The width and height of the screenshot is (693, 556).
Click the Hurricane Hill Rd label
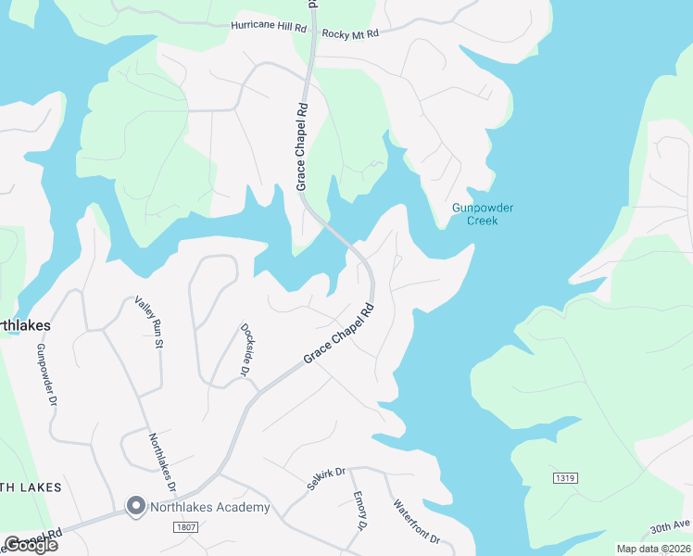click(x=269, y=28)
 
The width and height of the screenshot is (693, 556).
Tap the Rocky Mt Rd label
click(x=350, y=33)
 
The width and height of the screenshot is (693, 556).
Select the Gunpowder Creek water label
click(x=482, y=214)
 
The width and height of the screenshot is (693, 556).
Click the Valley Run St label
click(x=149, y=322)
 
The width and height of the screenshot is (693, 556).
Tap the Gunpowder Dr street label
click(x=47, y=375)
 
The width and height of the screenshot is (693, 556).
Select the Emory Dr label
click(x=359, y=511)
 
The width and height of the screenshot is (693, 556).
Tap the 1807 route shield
click(x=185, y=527)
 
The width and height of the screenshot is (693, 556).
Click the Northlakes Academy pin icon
click(x=136, y=507)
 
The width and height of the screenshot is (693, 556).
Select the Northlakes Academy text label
click(x=211, y=507)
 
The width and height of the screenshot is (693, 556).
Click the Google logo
click(x=30, y=544)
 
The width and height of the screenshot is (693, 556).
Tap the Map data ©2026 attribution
click(x=653, y=549)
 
